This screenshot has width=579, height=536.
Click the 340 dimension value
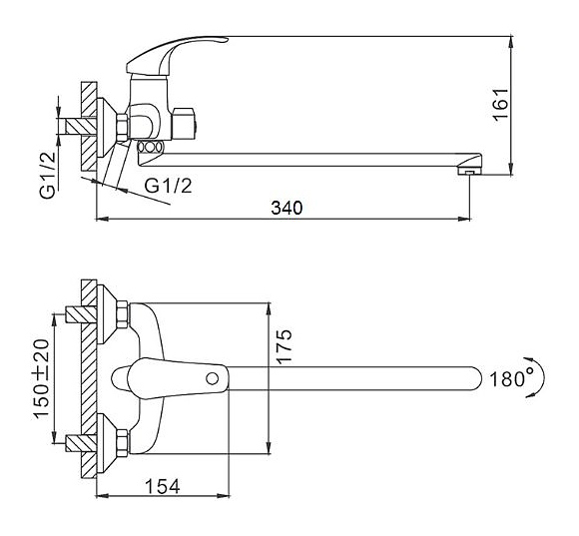pyautogui.click(x=287, y=208)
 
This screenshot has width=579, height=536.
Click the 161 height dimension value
pyautogui.click(x=501, y=104)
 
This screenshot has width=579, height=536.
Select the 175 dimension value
pyautogui.click(x=285, y=346)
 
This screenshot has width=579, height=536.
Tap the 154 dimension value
pyautogui.click(x=163, y=486)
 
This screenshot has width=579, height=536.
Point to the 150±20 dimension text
pyautogui.click(x=41, y=378)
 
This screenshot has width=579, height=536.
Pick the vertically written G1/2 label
pyautogui.click(x=48, y=176)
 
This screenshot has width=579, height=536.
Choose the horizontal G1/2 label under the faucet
pyautogui.click(x=169, y=186)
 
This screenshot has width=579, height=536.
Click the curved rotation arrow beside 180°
pyautogui.click(x=536, y=376)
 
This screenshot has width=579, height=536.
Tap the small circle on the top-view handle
pyautogui.click(x=212, y=378)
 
